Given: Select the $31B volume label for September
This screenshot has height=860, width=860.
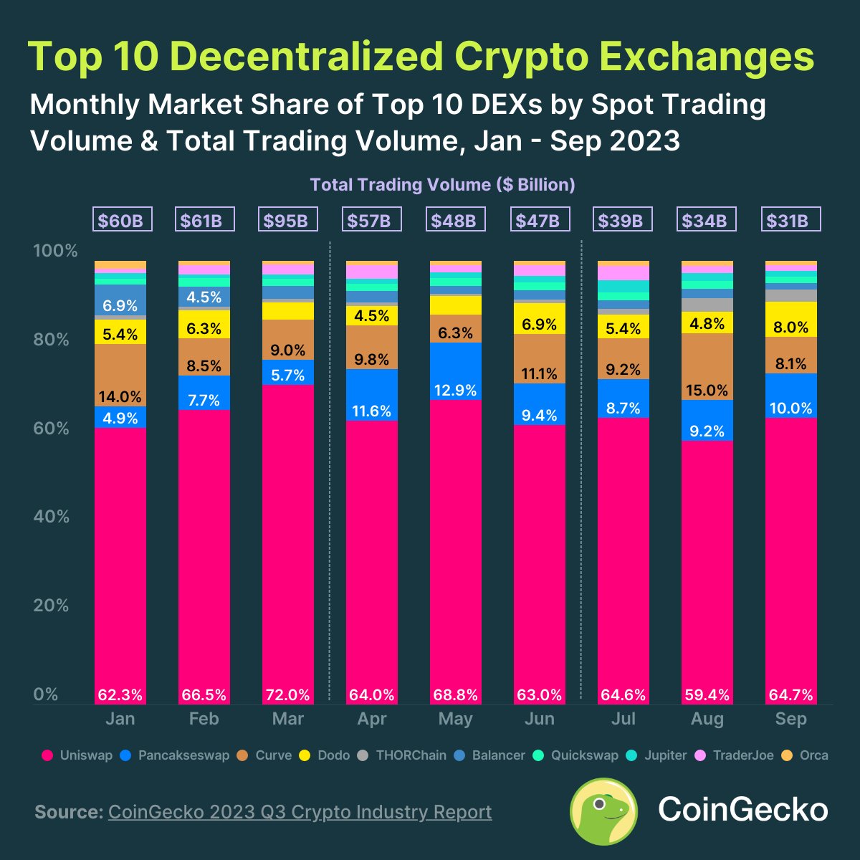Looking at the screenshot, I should point(790,220).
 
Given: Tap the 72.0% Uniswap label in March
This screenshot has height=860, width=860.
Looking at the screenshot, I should point(287,694).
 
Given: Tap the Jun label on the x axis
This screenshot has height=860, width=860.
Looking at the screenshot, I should point(539,719).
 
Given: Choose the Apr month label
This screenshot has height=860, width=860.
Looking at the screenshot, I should point(371,719).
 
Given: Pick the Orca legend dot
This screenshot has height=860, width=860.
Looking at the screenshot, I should point(787,755).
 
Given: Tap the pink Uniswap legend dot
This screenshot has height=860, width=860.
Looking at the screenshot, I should point(47,755).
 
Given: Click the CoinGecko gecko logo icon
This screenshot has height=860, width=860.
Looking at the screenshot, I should point(603,811).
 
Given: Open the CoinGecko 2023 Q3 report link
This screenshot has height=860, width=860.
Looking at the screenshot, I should point(300,812).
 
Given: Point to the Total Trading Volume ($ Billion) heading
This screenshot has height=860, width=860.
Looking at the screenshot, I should point(442,185).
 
